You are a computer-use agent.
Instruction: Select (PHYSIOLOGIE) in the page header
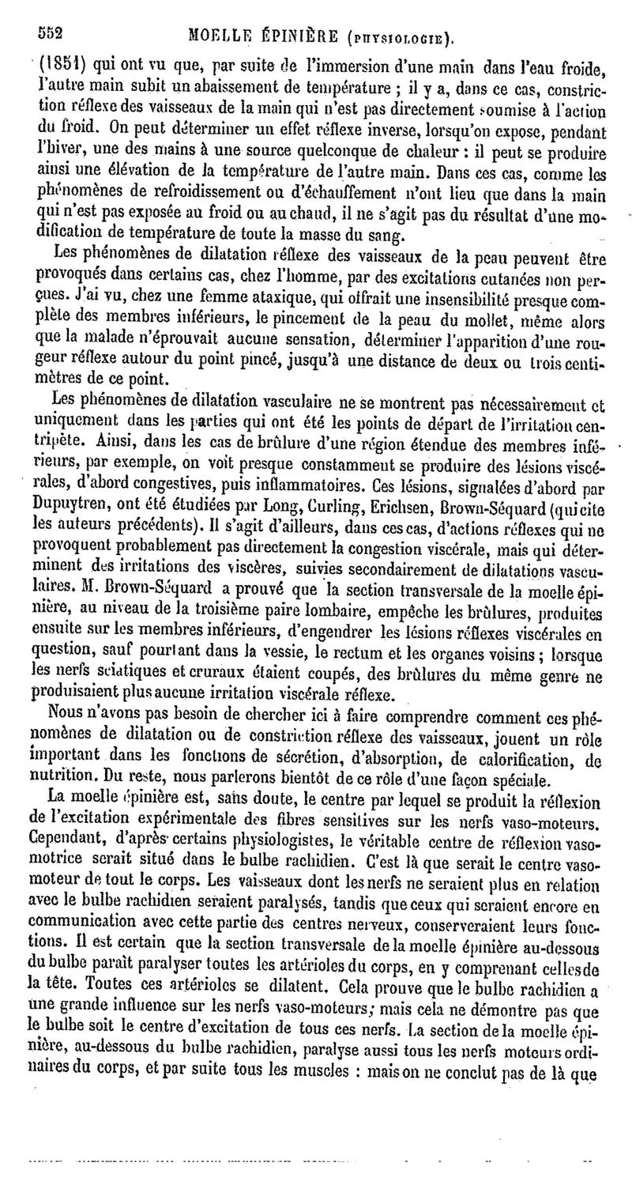coord(400,36)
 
